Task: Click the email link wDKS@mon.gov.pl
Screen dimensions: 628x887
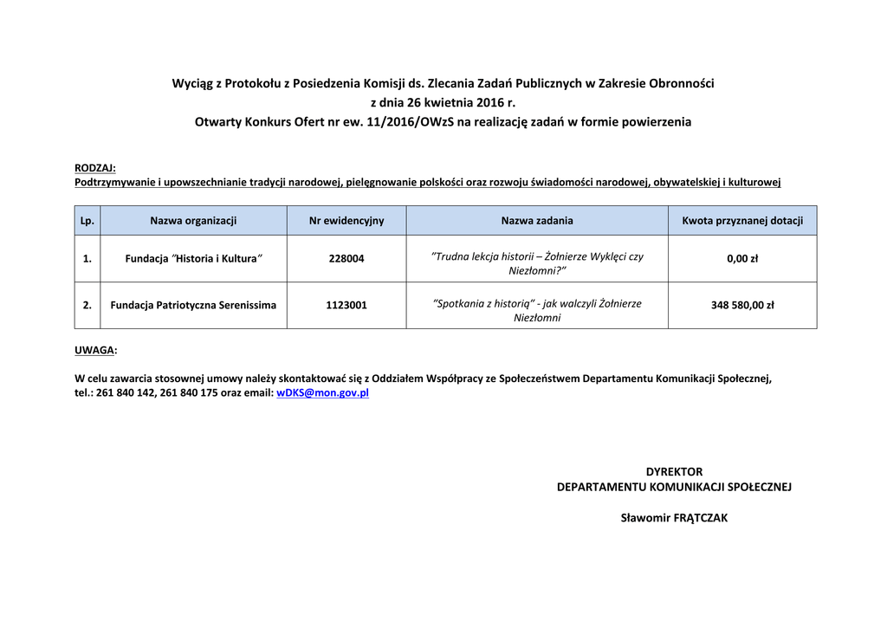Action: [322, 393]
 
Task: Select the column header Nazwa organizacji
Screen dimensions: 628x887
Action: [193, 221]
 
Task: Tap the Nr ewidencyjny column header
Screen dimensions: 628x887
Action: [346, 221]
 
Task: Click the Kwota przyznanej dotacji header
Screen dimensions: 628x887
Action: [742, 221]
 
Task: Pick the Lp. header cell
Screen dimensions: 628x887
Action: [87, 221]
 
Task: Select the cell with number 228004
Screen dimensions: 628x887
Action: [346, 259]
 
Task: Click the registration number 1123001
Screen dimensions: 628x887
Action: [346, 306]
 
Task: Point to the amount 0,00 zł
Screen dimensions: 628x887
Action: [742, 259]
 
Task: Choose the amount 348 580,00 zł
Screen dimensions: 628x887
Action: [742, 306]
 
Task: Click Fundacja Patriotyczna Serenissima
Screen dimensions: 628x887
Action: [193, 306]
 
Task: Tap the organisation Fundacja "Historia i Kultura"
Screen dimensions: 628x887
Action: [193, 259]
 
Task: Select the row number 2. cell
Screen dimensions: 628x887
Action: [87, 306]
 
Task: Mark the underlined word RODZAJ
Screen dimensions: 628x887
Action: [94, 168]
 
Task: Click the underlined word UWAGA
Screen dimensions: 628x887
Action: [94, 351]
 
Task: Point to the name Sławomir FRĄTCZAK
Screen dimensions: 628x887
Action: [674, 519]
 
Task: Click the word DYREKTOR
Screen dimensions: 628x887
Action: [674, 472]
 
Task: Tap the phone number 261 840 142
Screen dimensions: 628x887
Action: [126, 393]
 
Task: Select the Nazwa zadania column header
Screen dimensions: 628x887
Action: [537, 221]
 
